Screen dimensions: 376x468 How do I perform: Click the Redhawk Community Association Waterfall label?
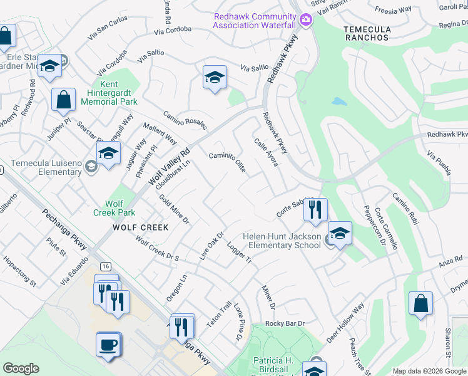tap(254, 20)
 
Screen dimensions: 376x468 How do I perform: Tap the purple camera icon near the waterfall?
tap(305, 19)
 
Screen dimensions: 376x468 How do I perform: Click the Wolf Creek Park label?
tap(114, 208)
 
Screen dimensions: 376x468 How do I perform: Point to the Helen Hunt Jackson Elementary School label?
tap(282, 241)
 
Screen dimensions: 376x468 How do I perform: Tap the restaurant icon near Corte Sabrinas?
tap(315, 209)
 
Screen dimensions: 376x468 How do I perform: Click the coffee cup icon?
tap(108, 344)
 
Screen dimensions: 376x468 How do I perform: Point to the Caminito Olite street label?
tap(227, 162)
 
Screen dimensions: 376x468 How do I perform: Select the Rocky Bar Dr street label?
tap(284, 323)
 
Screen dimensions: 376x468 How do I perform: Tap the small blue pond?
tap(338, 102)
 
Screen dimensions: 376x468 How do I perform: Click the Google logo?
tap(21, 368)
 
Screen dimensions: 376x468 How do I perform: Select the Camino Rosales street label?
tap(185, 119)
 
